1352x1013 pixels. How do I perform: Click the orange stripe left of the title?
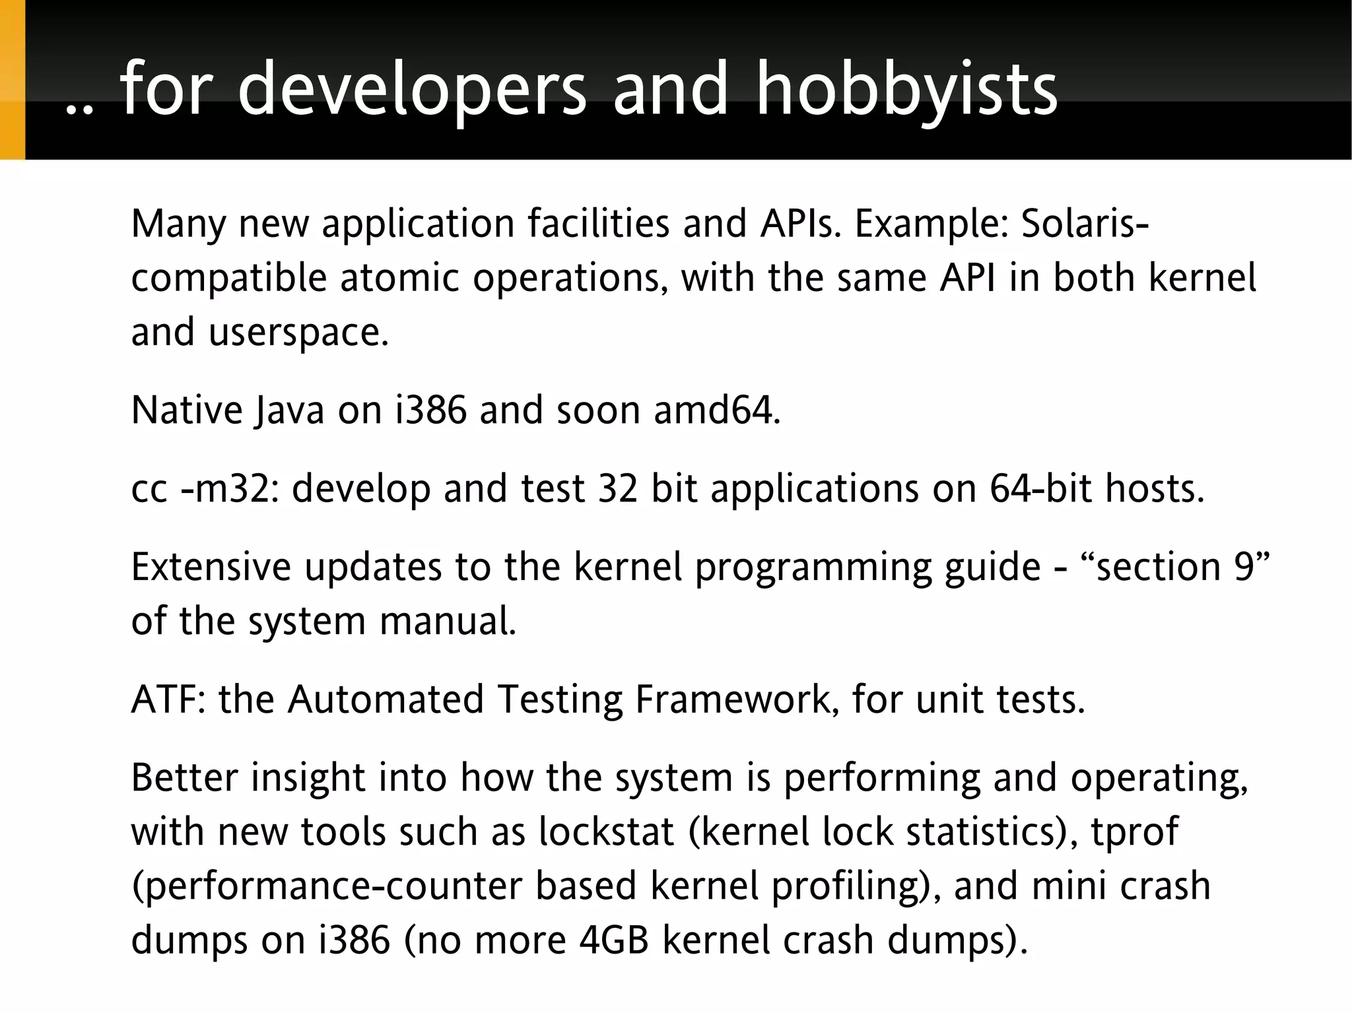point(12,79)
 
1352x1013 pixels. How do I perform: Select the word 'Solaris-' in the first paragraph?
point(1085,224)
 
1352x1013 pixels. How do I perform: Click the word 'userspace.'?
point(299,332)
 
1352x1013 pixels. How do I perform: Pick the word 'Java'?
point(288,410)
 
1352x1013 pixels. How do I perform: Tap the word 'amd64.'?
point(717,410)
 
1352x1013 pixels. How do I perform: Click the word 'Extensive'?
point(211,568)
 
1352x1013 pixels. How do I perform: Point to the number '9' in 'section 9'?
point(1243,568)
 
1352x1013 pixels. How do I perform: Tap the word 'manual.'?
point(447,622)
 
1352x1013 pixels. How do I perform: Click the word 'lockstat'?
point(605,832)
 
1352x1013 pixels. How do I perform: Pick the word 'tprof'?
point(1134,832)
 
